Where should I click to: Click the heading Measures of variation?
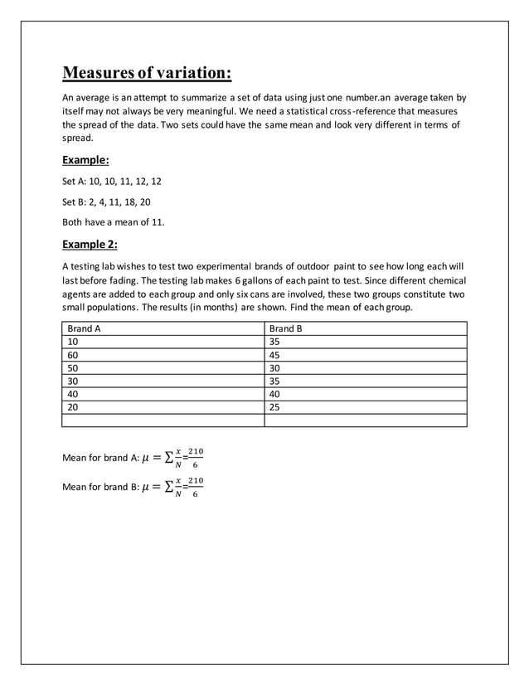coord(147,73)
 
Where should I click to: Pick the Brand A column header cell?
coord(84,328)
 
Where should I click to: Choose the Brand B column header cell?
coord(286,328)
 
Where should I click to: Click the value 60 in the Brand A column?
coord(73,354)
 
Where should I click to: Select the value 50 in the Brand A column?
coord(73,367)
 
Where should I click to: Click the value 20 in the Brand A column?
coord(73,406)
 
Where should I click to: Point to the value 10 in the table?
coord(73,341)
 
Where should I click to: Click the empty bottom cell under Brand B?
coord(365,420)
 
